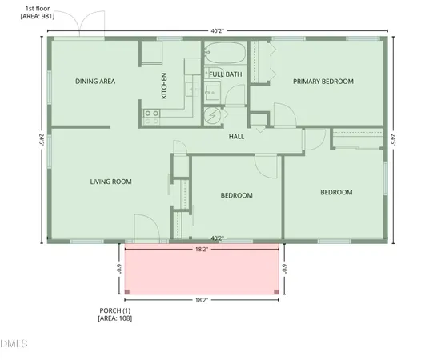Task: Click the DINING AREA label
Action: pyautogui.click(x=96, y=81)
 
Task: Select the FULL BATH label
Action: pyautogui.click(x=225, y=74)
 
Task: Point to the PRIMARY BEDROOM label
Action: pyautogui.click(x=323, y=81)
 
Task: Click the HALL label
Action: pyautogui.click(x=236, y=136)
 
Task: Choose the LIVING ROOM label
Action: pyautogui.click(x=110, y=182)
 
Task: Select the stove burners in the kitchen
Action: pyautogui.click(x=150, y=113)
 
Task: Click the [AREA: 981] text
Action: pyautogui.click(x=38, y=15)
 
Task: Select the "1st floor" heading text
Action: pyautogui.click(x=38, y=7)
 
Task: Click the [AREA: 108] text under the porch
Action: pyautogui.click(x=114, y=318)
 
